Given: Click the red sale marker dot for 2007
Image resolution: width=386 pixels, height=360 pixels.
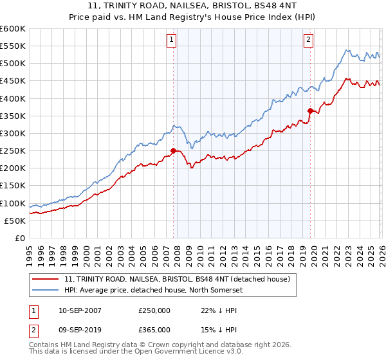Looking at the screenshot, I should (173, 151).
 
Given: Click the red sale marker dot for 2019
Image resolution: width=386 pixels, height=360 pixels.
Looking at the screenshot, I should (310, 111).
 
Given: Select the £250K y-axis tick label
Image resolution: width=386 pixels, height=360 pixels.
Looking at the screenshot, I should (13, 151).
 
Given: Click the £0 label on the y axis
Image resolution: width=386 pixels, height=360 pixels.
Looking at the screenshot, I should (20, 239).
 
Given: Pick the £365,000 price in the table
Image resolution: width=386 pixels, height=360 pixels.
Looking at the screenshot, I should (154, 329).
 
